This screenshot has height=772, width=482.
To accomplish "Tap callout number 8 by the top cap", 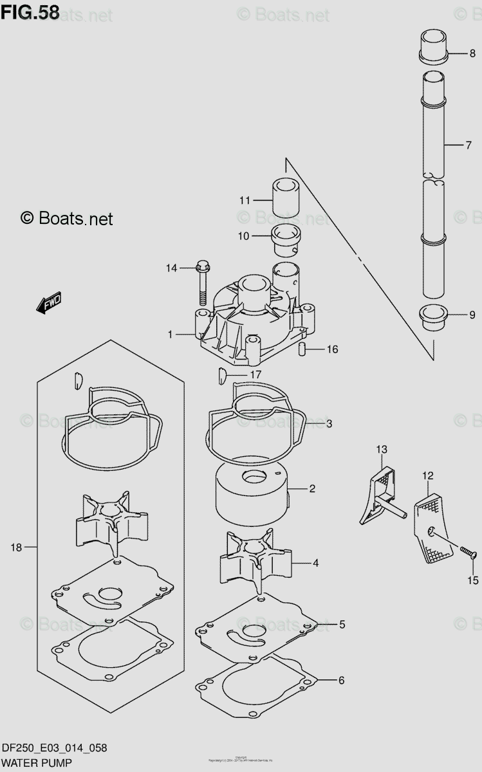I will coord(472,54).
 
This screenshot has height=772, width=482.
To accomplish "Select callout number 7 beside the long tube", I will coord(469,145).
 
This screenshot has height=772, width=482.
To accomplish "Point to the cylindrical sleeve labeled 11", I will coord(286,198).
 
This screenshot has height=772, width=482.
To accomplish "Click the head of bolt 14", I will coord(202,265).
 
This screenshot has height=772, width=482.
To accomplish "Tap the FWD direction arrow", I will coord(49,303).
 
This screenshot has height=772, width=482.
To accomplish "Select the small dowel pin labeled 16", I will coord(301,349).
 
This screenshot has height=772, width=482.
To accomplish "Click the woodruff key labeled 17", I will coord(221,373).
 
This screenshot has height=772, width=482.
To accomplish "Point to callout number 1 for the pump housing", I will coord(171,335).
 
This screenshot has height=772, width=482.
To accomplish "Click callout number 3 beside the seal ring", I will coord(328,423).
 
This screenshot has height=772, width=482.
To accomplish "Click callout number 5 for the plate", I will coord(342,624).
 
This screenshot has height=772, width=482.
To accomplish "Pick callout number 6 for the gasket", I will coord(341,680).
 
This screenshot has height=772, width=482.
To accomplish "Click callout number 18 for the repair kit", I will coord(16,547).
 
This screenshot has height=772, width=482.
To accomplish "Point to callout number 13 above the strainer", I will coord(382,448).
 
